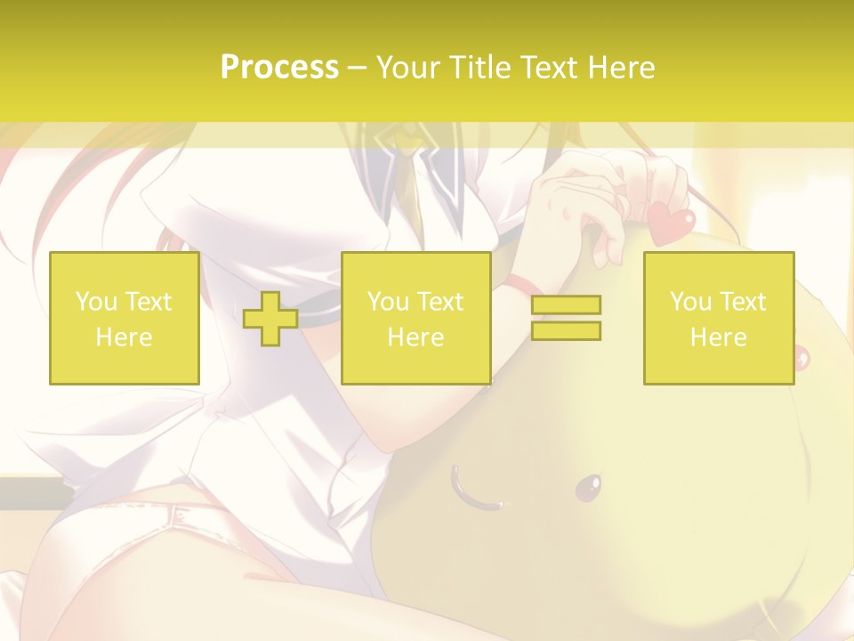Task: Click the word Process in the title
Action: (279, 68)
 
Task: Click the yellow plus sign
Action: (270, 319)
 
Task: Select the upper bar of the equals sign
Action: (566, 304)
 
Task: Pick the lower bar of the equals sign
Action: (566, 330)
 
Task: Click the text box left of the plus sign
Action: (124, 319)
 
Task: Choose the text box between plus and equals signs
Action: (415, 319)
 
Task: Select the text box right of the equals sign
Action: (718, 319)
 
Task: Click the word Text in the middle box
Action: (440, 302)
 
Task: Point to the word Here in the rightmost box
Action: (718, 337)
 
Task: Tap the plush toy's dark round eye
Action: (586, 487)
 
